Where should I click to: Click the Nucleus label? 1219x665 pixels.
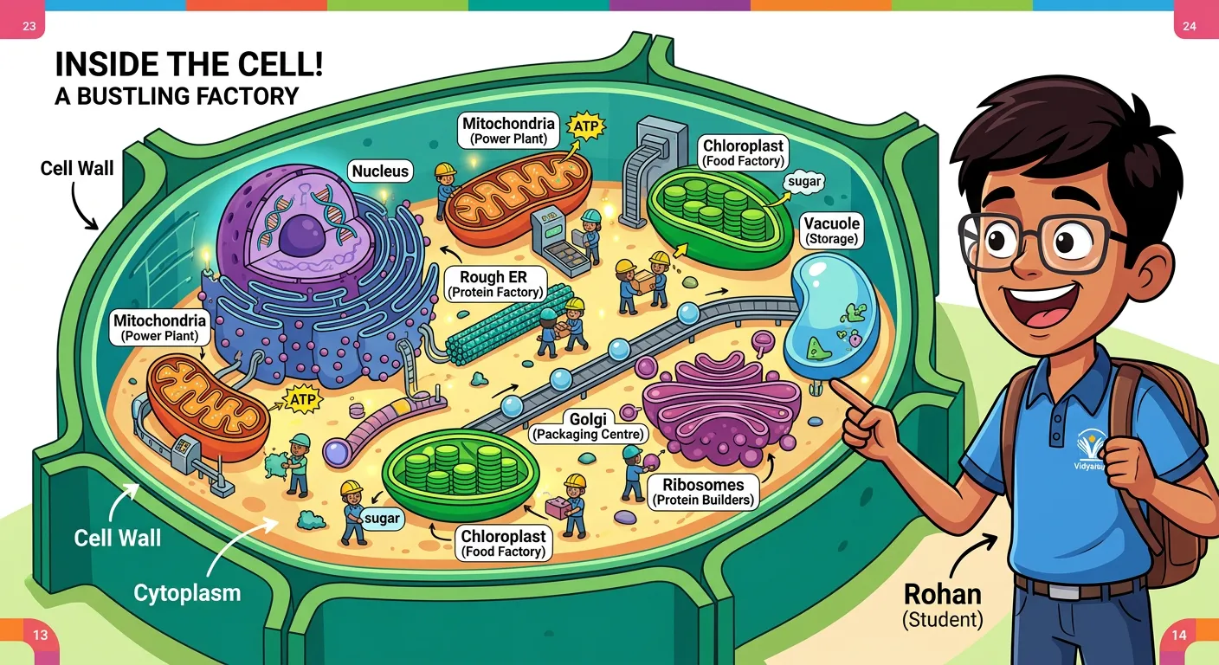pos(380,171)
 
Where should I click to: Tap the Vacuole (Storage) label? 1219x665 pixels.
pos(831,230)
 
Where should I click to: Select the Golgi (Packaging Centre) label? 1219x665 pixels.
pos(589,425)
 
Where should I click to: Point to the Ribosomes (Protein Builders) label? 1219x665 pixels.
pos(703,491)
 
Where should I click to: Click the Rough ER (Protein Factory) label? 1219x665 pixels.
pos(494,284)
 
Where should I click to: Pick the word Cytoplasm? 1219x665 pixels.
pos(187,593)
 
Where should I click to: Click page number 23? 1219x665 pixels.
pos(29,26)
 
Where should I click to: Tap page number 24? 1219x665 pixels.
pos(1189,26)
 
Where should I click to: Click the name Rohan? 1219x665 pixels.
pos(943,595)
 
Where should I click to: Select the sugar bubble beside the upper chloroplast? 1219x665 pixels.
pos(804,183)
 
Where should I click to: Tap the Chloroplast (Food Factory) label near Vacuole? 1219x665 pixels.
pos(744,153)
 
